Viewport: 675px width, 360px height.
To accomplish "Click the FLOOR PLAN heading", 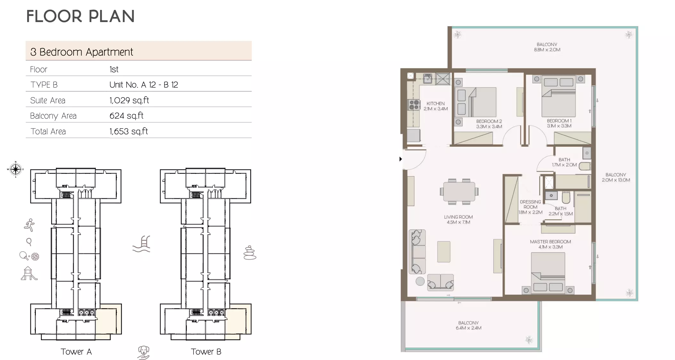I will pyautogui.click(x=80, y=16).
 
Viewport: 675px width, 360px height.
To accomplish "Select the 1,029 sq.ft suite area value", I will pyautogui.click(x=129, y=100).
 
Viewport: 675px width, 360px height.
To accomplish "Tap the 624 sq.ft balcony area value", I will pyautogui.click(x=126, y=116).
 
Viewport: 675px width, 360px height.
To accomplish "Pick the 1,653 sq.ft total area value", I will pyautogui.click(x=129, y=131).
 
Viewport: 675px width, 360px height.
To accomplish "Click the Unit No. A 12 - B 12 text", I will pyautogui.click(x=144, y=85).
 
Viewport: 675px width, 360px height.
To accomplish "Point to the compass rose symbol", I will pyautogui.click(x=15, y=169).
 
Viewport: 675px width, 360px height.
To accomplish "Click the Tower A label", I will pyautogui.click(x=76, y=352).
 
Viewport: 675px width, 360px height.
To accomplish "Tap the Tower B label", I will pyautogui.click(x=206, y=352).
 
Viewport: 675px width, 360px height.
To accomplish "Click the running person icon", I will pyautogui.click(x=29, y=225).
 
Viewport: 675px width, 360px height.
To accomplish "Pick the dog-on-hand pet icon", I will pyautogui.click(x=144, y=352).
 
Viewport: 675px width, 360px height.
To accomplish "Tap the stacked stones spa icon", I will pyautogui.click(x=250, y=253).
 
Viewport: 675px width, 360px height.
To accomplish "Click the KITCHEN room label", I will pyautogui.click(x=435, y=104).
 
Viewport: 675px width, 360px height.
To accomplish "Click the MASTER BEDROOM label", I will pyautogui.click(x=550, y=242).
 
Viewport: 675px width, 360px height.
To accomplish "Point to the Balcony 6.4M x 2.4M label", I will pyautogui.click(x=468, y=325).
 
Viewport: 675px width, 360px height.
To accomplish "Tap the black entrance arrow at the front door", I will pyautogui.click(x=401, y=159).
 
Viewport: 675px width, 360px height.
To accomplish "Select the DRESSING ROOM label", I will pyautogui.click(x=530, y=204).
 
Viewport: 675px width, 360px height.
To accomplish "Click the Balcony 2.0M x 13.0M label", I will pyautogui.click(x=616, y=177).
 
